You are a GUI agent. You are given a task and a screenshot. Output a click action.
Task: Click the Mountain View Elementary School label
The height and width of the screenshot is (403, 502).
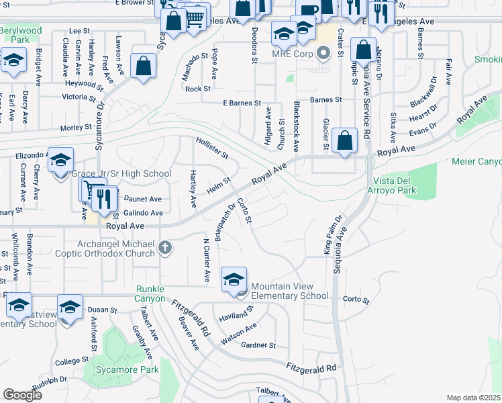pos(290,290)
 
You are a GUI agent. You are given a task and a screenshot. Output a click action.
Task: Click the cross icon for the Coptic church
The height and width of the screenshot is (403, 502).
pos(165,249)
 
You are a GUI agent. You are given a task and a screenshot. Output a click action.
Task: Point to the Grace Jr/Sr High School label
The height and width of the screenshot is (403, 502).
pos(121,174)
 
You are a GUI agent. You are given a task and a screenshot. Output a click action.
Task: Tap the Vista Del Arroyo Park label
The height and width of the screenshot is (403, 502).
pos(395,185)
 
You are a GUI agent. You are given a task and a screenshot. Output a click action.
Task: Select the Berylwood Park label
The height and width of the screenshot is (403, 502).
pos(21,35)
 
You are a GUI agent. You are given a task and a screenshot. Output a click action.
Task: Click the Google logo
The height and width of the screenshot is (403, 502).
pos(22,394)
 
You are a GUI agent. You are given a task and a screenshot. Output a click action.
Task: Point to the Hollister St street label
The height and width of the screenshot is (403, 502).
pos(212,148)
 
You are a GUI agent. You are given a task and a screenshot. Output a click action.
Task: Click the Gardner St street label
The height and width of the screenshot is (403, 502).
pos(258,345)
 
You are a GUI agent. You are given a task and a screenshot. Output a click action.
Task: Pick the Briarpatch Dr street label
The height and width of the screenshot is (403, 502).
pos(223,222)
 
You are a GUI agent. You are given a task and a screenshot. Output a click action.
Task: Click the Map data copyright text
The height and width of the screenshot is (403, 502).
pos(474,397)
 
